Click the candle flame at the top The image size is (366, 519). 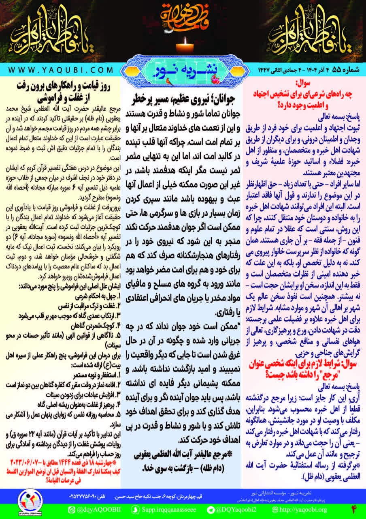[x=183, y=40]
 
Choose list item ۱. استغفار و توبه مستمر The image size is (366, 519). [x=95, y=371]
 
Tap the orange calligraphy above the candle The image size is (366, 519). [x=183, y=15]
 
